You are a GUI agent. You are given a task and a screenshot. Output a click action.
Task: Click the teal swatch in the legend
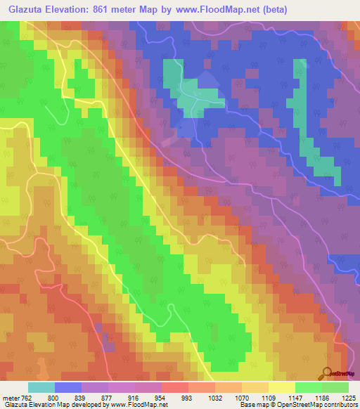(41, 387)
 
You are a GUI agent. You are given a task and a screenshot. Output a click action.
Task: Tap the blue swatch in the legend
(68, 387)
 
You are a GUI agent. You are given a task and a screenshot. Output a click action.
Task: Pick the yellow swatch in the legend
(281, 387)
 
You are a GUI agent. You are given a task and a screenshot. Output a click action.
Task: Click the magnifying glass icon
(326, 373)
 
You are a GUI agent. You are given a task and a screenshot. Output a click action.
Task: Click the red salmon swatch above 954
(175, 387)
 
